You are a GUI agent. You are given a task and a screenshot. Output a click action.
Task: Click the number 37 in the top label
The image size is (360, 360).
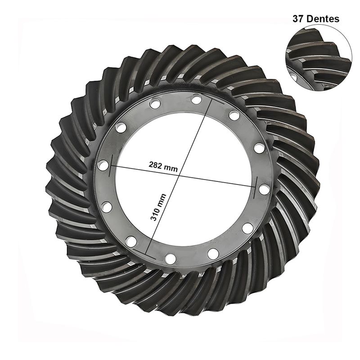(x=298, y=19)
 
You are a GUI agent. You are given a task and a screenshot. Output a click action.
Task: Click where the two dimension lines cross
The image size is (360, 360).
(x=179, y=175)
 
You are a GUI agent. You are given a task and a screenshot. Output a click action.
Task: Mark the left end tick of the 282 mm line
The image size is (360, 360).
(x=111, y=166)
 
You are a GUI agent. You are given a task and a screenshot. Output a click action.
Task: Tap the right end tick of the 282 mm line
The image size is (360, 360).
(x=255, y=188)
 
